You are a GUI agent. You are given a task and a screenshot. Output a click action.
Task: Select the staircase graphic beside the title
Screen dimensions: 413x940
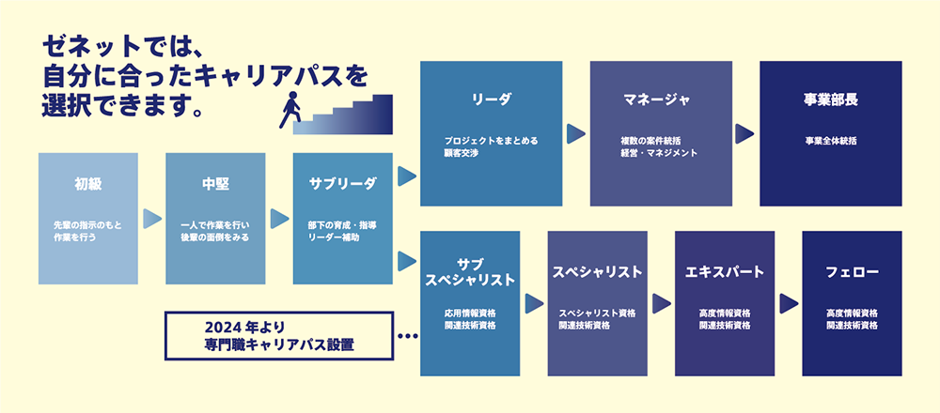pos(348,115)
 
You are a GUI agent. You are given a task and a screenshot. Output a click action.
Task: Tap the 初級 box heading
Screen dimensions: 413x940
pos(87,182)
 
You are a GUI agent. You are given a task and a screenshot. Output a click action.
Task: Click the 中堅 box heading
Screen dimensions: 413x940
pos(215,182)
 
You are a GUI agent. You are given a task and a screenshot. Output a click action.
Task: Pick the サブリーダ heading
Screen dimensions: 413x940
pos(342,182)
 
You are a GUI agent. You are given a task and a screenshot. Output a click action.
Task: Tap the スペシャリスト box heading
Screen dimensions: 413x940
pos(597,271)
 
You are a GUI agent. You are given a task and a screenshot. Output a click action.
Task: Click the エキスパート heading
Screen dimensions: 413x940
pos(725,271)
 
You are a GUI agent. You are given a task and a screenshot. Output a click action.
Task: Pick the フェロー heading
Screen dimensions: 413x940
pos(852,271)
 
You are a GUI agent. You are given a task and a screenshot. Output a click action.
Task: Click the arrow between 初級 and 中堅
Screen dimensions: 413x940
pos(151,219)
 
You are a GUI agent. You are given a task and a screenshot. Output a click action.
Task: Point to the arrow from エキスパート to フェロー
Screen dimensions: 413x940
pos(789,304)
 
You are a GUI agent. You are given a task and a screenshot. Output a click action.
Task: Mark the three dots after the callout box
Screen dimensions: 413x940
pos(407,335)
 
